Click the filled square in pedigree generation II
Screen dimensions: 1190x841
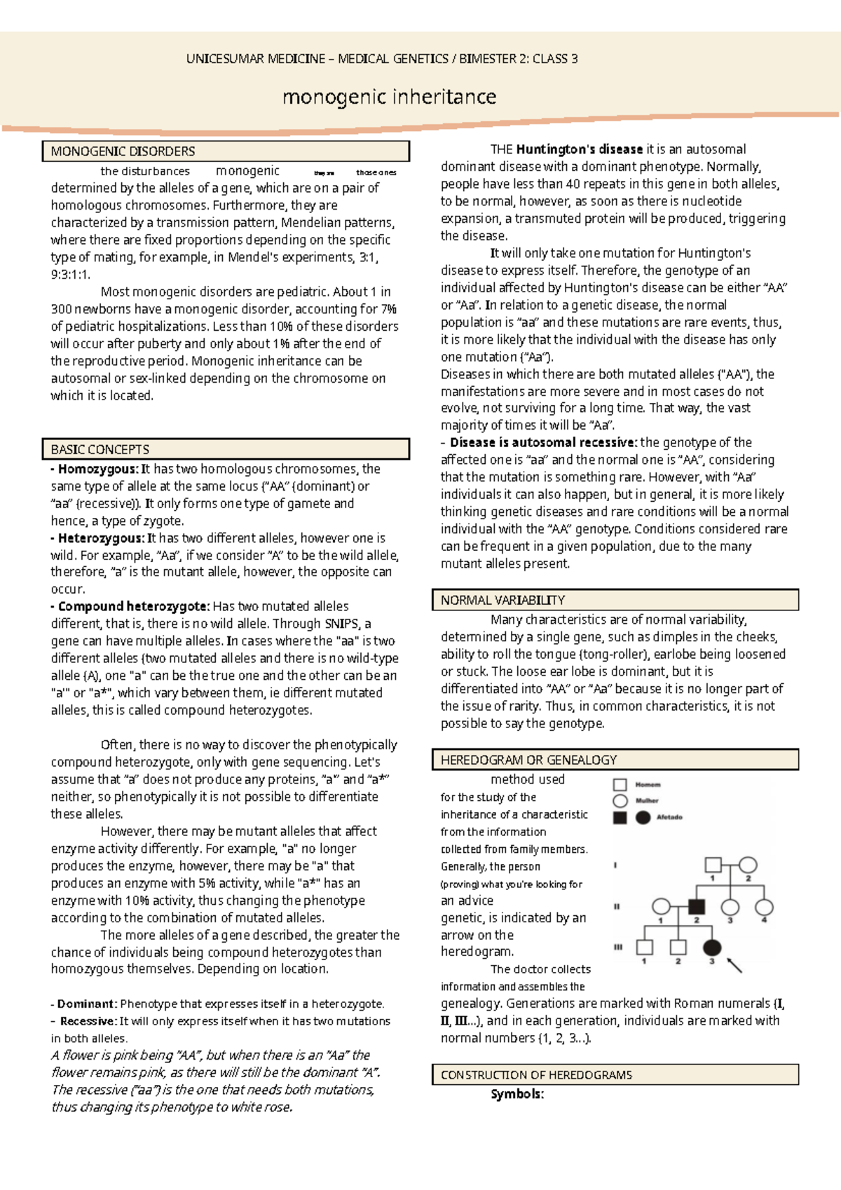coord(696,906)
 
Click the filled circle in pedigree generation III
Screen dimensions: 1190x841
coord(712,948)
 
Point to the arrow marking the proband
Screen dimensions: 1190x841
coord(734,965)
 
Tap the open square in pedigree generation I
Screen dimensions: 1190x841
coord(713,865)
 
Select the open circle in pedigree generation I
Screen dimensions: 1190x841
coord(748,865)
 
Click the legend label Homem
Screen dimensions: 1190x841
coord(648,785)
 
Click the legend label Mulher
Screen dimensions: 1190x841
coord(647,800)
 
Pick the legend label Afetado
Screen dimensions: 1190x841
coord(669,817)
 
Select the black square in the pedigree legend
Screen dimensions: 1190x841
coord(620,817)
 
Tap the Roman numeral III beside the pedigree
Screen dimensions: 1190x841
coord(618,947)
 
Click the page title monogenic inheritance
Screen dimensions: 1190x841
coord(389,97)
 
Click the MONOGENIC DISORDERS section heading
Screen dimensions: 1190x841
coord(123,151)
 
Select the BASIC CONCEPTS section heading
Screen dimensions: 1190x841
coord(100,449)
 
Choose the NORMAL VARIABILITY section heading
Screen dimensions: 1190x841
coord(502,600)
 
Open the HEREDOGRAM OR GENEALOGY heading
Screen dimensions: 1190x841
coord(528,760)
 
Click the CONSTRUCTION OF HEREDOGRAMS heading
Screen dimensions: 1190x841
coord(536,1074)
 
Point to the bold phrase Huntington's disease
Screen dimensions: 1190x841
coord(579,149)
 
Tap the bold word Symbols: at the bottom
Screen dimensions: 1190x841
coord(517,1094)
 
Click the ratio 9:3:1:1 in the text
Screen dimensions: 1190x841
coord(70,275)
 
